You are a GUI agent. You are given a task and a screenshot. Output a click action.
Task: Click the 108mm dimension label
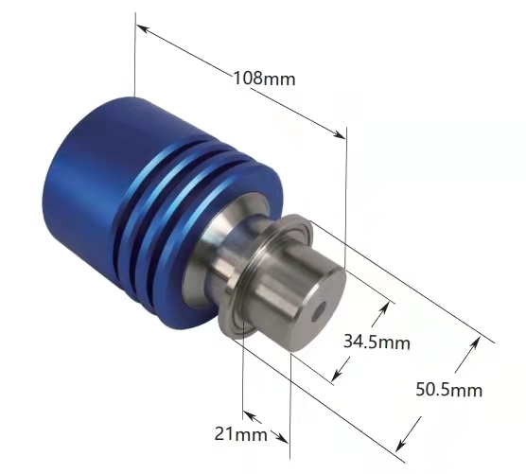pyautogui.click(x=264, y=79)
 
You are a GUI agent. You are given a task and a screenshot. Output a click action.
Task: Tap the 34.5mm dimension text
pyautogui.click(x=377, y=342)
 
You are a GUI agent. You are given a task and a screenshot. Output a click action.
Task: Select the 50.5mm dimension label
pyautogui.click(x=449, y=390)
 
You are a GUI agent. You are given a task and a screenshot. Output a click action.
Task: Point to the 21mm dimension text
pyautogui.click(x=241, y=434)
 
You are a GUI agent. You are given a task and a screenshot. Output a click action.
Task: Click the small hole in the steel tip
pyautogui.click(x=319, y=311)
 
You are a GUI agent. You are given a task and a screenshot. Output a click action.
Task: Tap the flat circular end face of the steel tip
pyautogui.click(x=318, y=309)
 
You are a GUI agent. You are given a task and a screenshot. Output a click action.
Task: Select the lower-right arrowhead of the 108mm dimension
pyautogui.click(x=339, y=134)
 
